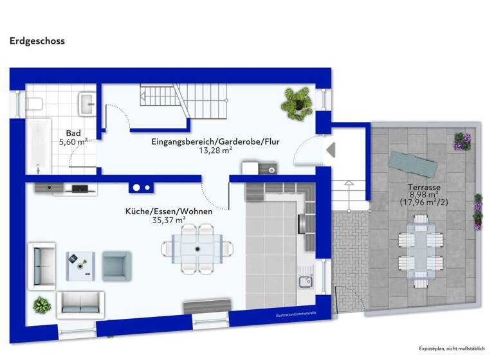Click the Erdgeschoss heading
click(x=37, y=40)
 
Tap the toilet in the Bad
click(x=35, y=102)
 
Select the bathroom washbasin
click(x=86, y=102)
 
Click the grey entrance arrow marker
click(x=331, y=150)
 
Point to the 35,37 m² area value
click(x=169, y=220)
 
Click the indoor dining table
click(x=197, y=248)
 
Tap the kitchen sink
click(x=305, y=281)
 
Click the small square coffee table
click(x=80, y=265)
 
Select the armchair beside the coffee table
click(x=116, y=265)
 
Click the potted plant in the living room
click(x=42, y=305)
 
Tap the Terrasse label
click(x=423, y=188)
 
